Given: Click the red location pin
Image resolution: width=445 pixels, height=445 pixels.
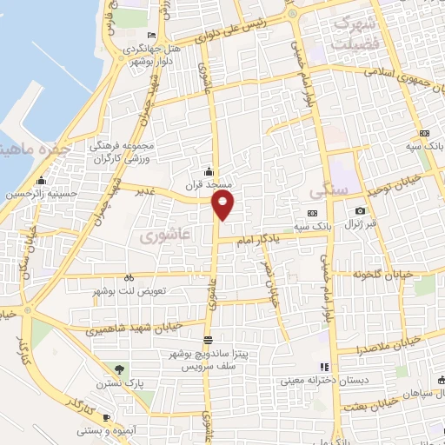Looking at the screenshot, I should click(223, 205).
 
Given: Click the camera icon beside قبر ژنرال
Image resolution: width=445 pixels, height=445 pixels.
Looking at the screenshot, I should click(360, 211).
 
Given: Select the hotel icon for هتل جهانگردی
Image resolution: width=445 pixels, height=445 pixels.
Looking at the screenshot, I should click(152, 35).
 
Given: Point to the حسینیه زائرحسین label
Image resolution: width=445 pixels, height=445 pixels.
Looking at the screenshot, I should click(37, 195).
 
